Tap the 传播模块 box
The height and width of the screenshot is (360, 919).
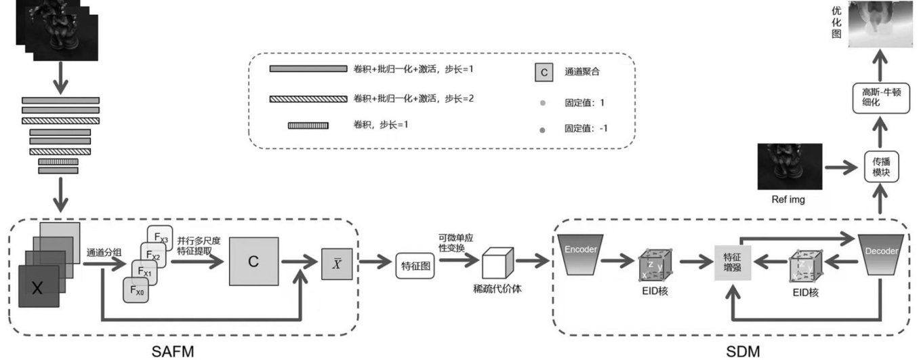[x=880, y=167]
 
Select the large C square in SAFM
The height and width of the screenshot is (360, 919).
[x=253, y=261]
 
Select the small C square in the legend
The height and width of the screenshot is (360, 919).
[x=544, y=71]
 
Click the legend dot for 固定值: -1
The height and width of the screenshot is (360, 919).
[x=543, y=127]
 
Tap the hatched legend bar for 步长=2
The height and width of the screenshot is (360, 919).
[x=308, y=99]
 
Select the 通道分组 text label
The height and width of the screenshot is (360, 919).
[x=104, y=253]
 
